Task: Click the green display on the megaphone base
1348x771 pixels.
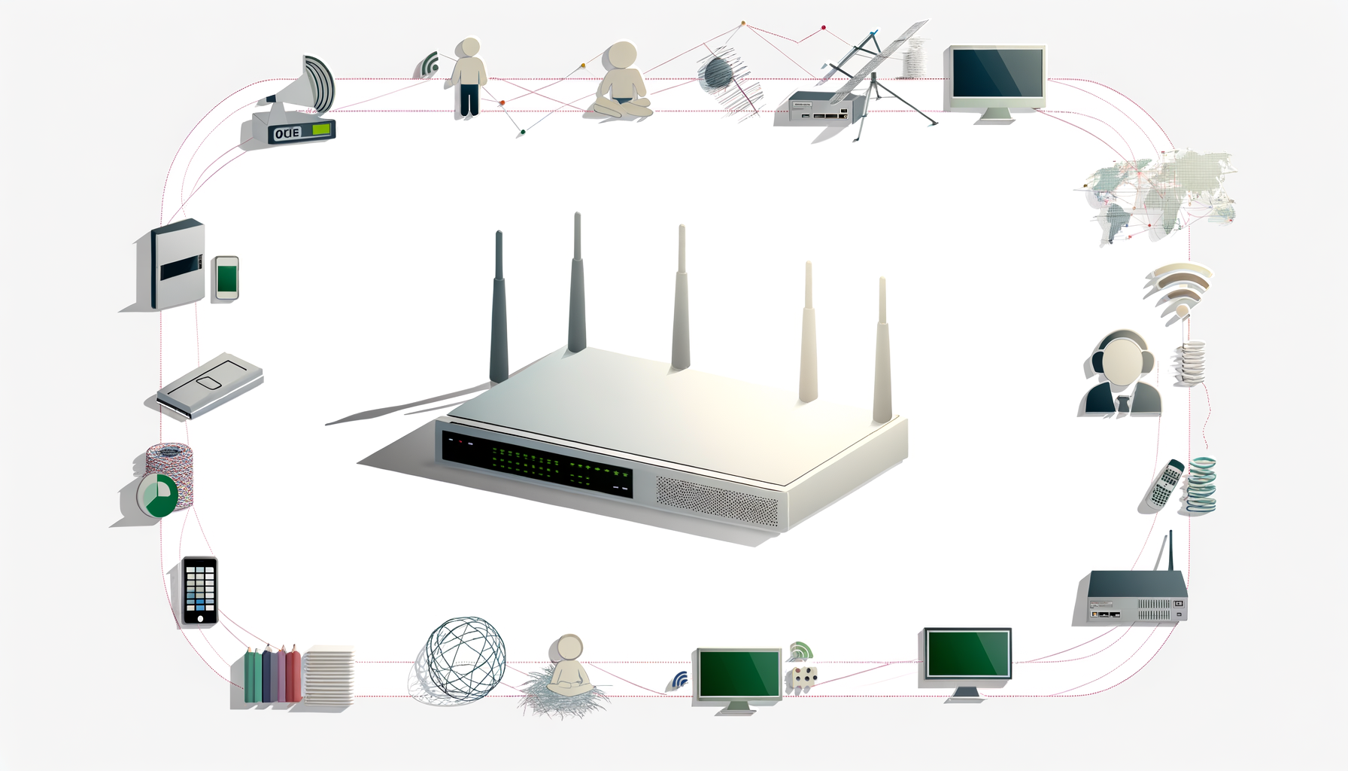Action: [321, 130]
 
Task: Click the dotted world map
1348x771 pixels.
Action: [1158, 197]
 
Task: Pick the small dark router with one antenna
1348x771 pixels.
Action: [1135, 595]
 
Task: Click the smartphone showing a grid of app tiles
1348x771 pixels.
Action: [200, 590]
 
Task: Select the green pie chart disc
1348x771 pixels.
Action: [159, 495]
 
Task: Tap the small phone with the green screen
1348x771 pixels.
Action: [226, 278]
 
